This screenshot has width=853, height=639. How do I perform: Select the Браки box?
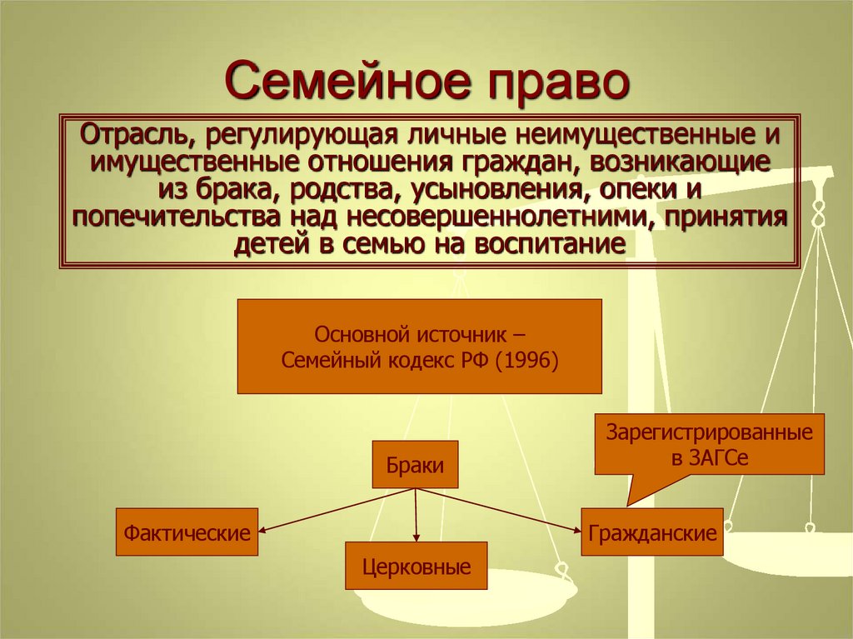point(415,464)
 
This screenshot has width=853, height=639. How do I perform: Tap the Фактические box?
point(187,532)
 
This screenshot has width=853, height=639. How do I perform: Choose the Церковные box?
point(417,567)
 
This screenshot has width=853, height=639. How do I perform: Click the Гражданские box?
point(651,532)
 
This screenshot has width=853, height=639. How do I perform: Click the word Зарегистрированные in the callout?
point(709,433)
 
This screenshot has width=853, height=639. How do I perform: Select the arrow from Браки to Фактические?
point(333,509)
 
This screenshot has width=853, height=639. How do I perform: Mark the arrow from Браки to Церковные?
point(416,517)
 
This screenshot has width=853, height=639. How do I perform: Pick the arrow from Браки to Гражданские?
point(500,509)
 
